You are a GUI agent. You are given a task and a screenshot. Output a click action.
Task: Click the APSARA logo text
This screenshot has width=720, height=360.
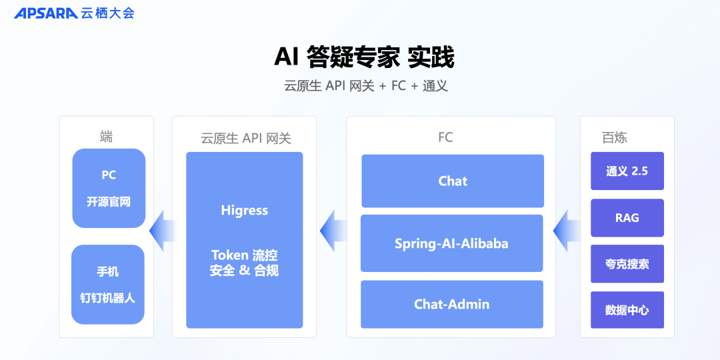(45, 13)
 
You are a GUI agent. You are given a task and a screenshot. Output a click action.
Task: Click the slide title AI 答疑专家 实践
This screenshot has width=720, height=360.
(363, 57)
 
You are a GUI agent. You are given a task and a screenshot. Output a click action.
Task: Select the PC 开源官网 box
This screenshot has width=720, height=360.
(109, 188)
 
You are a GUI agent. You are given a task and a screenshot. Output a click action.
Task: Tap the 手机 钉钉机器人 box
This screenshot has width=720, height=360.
(108, 285)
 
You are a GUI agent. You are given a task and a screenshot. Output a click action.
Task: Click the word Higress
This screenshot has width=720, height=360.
(244, 211)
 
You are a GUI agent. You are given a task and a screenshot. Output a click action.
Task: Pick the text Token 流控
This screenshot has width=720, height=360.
(244, 255)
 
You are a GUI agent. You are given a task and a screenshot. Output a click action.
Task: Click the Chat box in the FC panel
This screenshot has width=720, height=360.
(453, 181)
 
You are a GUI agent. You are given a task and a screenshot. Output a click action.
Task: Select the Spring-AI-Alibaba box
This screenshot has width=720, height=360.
(451, 243)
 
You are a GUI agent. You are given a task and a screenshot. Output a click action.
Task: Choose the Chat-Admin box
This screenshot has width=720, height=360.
(451, 304)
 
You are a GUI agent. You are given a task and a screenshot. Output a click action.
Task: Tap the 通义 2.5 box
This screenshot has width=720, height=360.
(627, 171)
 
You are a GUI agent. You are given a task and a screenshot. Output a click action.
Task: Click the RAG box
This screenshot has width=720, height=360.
(627, 218)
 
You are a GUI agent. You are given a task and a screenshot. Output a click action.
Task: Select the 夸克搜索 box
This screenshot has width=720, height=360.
(627, 264)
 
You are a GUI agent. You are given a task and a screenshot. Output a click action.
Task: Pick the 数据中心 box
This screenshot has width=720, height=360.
(627, 310)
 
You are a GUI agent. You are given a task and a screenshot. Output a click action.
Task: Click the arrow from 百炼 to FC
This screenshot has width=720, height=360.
(567, 231)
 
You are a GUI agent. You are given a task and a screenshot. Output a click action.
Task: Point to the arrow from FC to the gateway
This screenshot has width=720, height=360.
(333, 231)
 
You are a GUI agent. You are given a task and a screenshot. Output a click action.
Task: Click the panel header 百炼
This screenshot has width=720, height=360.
(614, 138)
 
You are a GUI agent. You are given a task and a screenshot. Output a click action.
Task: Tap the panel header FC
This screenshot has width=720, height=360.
(445, 138)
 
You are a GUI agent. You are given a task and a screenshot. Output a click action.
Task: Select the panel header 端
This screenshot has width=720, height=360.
(106, 137)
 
